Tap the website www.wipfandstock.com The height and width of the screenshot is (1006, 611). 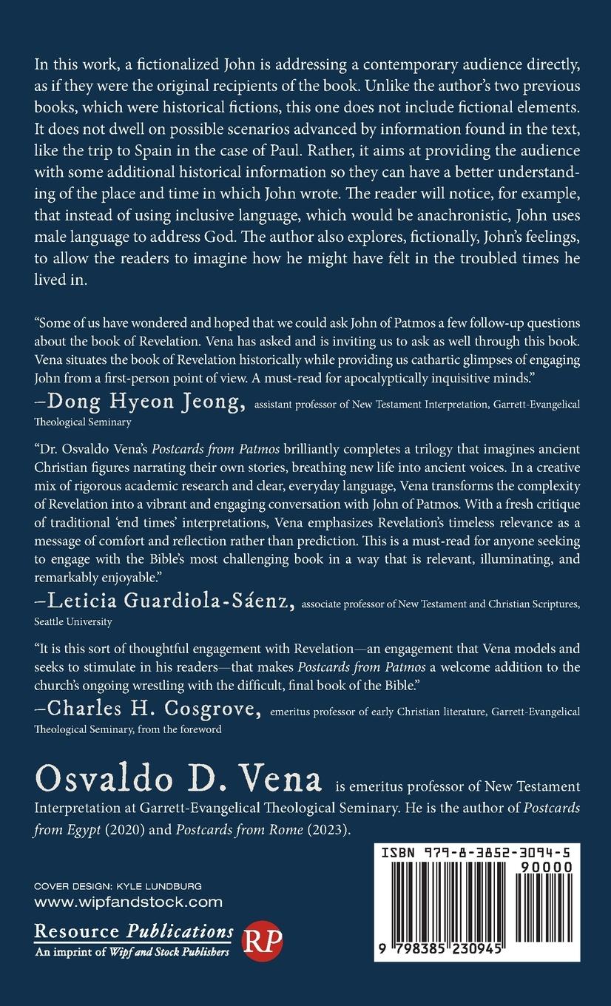pyautogui.click(x=129, y=902)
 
